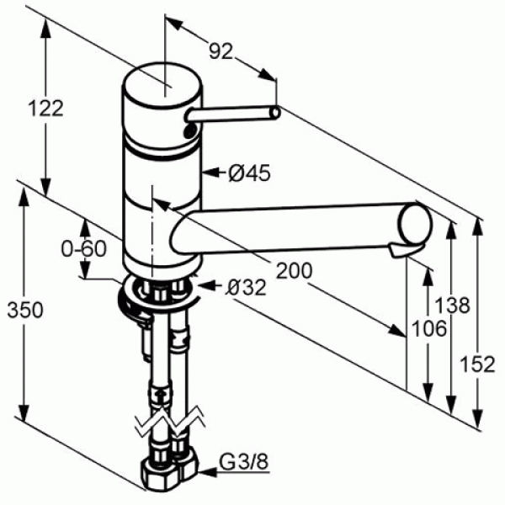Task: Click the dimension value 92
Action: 221,52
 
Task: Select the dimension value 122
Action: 45,108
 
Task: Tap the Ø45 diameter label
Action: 249,173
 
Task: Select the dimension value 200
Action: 295,270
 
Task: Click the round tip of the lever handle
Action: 274,111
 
